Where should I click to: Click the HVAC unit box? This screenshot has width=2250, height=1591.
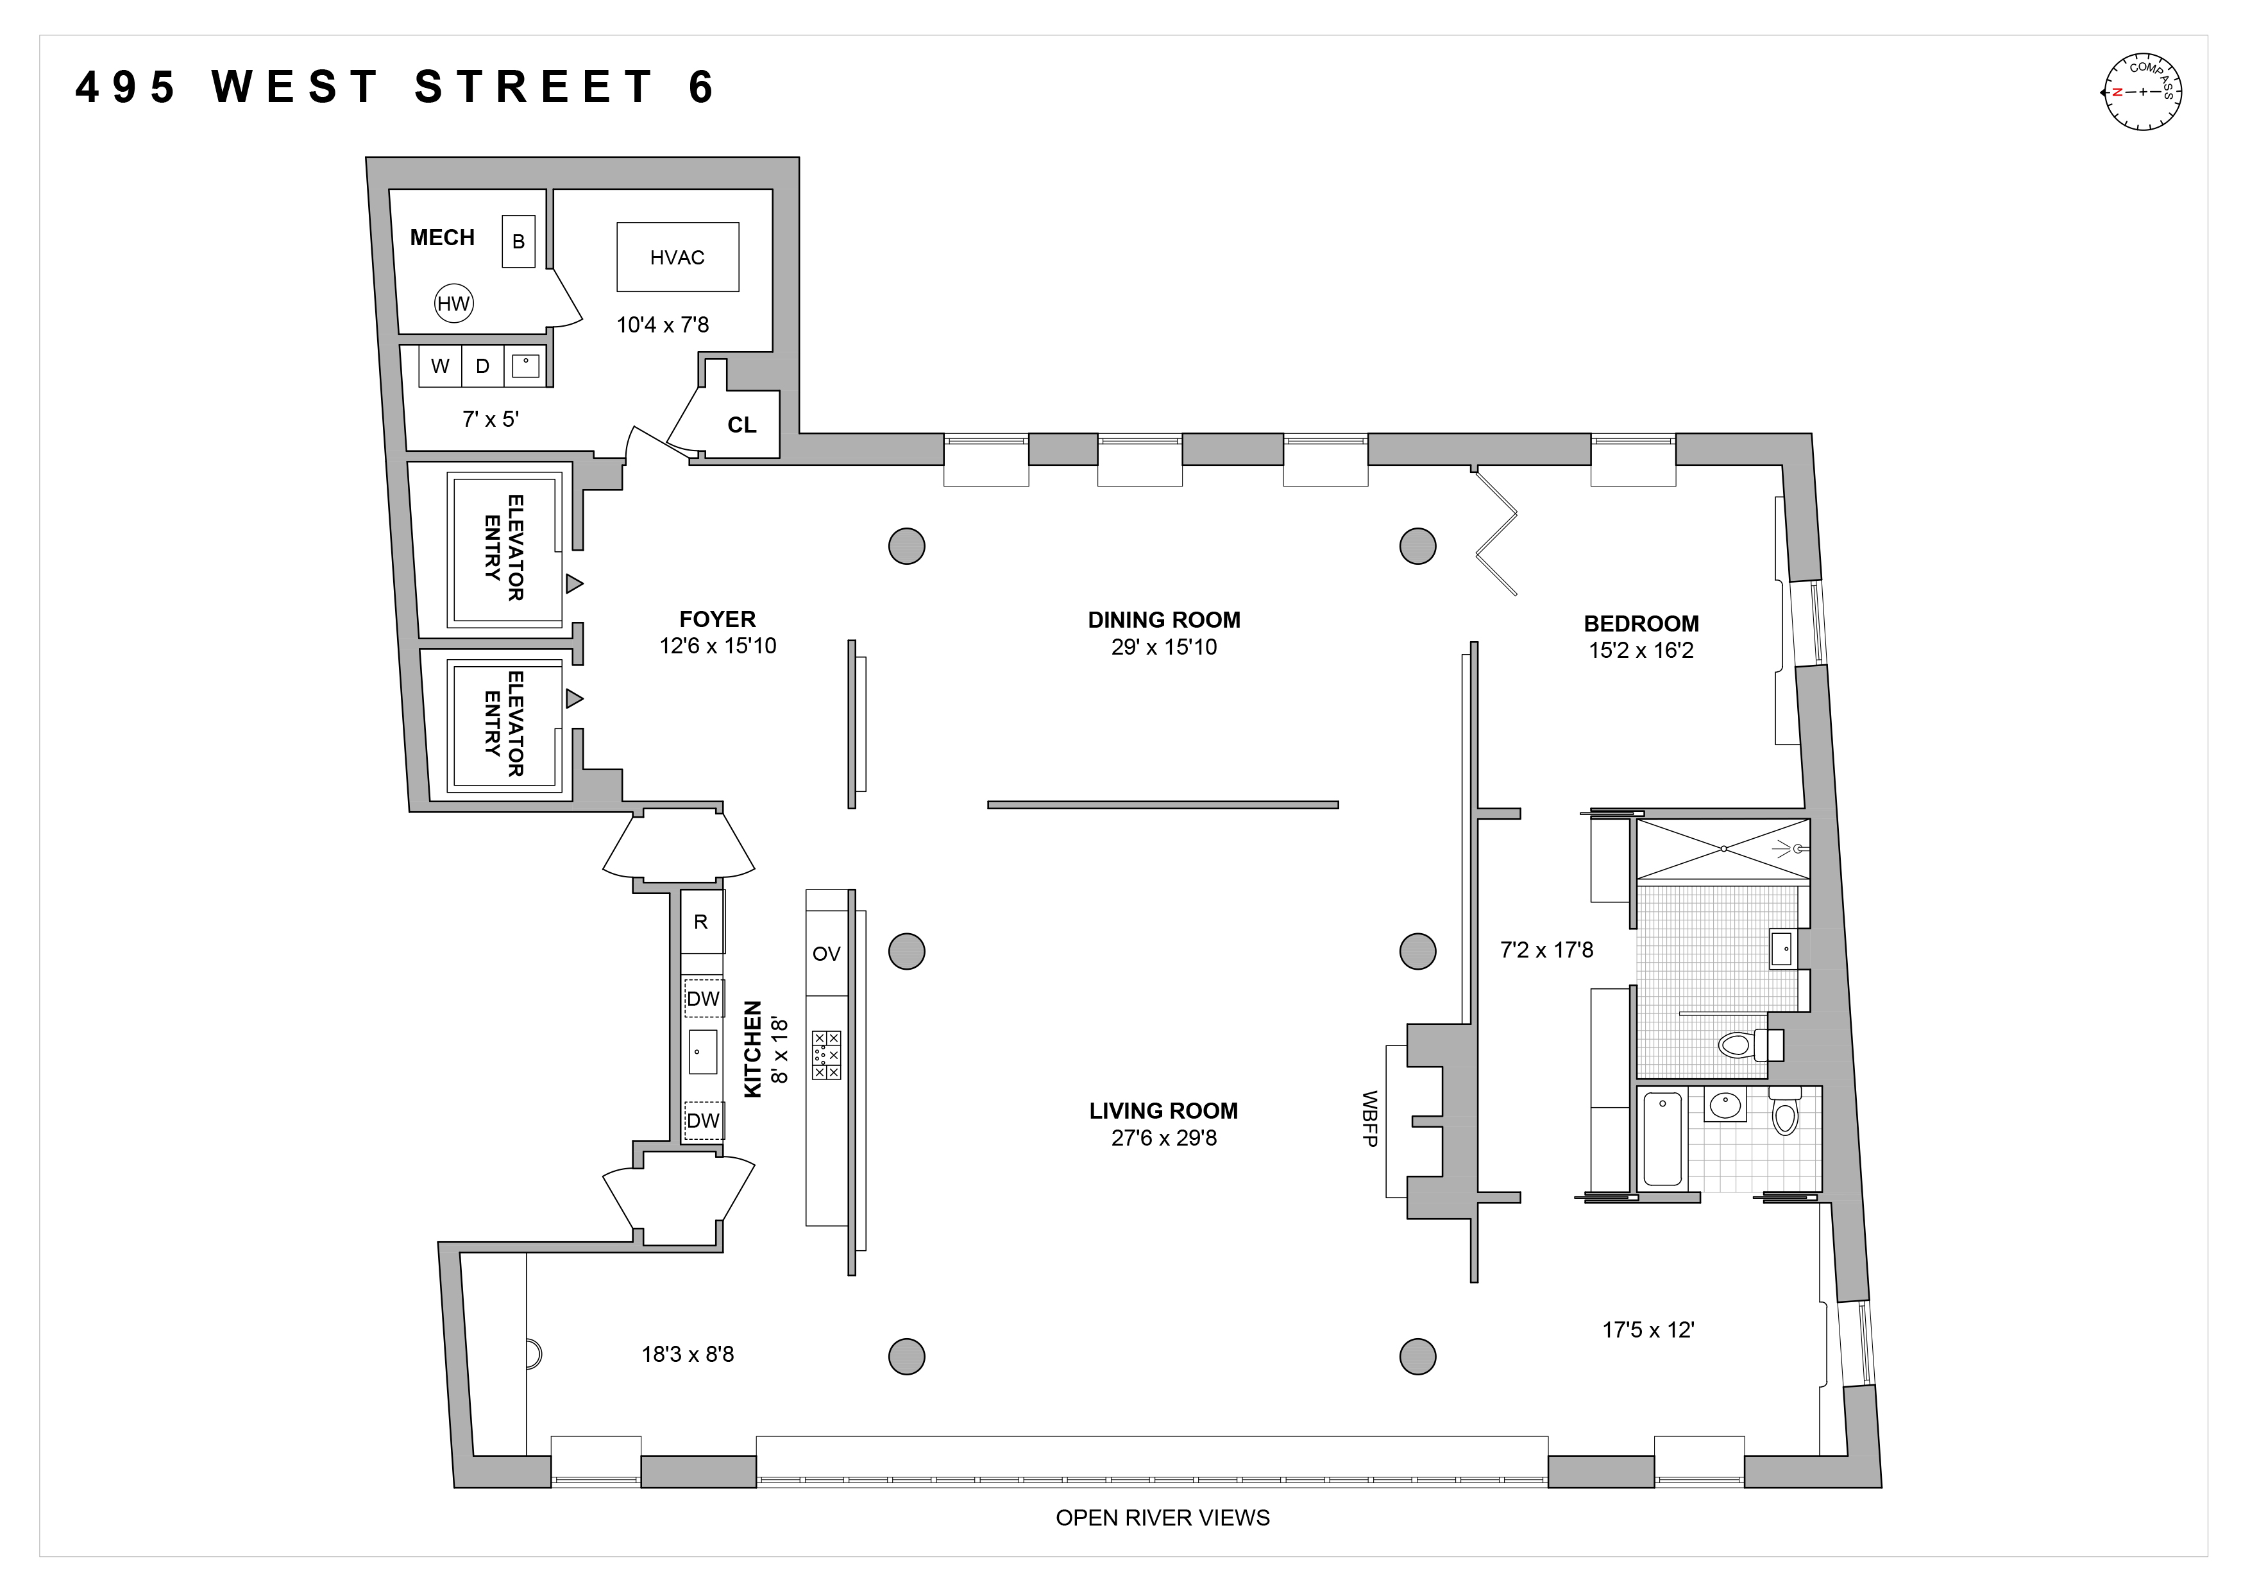(x=677, y=257)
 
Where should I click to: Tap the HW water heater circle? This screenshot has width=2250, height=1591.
(x=453, y=304)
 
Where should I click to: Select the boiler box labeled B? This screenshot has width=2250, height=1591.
(x=518, y=241)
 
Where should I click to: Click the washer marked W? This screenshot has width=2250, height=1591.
(x=440, y=366)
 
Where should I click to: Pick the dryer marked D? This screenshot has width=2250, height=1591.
(x=482, y=366)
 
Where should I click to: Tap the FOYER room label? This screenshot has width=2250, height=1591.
(x=717, y=619)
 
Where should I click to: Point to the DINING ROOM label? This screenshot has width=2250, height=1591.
(x=1163, y=619)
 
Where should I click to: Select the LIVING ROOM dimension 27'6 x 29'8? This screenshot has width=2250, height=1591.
(x=1163, y=1138)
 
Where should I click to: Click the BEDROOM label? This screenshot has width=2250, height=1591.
(x=1641, y=623)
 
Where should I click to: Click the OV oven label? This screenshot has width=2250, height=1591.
(x=826, y=954)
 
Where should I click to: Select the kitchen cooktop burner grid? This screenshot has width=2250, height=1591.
(x=826, y=1055)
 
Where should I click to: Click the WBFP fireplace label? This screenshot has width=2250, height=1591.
(x=1370, y=1119)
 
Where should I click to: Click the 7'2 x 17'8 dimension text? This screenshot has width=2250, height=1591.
(x=1546, y=950)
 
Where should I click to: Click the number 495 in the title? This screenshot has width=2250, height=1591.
(x=126, y=87)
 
